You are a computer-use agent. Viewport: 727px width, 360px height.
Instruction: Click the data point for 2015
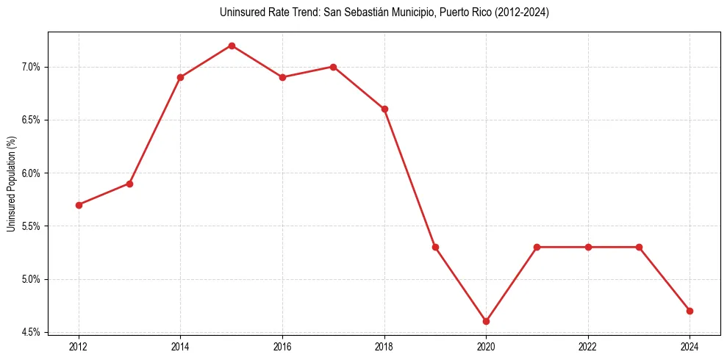[x=232, y=46]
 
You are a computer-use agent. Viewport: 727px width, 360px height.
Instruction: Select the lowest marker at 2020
[x=486, y=321]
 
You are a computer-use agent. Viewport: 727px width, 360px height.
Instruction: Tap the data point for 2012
[x=79, y=205]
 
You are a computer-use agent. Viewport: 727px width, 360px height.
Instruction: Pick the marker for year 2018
[x=384, y=109]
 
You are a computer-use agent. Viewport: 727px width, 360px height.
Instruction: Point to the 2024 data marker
[x=690, y=311]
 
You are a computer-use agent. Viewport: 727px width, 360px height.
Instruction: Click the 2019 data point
[x=435, y=247]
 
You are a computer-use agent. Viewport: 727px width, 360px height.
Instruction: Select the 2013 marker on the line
[x=129, y=184]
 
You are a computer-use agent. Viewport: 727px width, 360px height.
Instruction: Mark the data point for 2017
[x=333, y=67]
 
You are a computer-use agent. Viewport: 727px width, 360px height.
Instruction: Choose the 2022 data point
[x=588, y=247]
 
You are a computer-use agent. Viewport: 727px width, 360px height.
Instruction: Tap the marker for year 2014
[x=180, y=77]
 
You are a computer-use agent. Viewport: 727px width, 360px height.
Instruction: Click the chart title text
[x=384, y=12]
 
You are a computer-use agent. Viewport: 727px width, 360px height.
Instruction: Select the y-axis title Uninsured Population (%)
[x=11, y=184]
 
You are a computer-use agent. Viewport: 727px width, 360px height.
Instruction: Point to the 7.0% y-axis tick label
[x=32, y=67]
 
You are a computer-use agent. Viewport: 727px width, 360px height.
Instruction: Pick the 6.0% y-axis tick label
[x=32, y=173]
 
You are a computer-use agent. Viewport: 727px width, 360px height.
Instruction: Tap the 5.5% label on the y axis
[x=32, y=226]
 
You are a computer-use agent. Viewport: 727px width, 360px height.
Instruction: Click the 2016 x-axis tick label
[x=282, y=345]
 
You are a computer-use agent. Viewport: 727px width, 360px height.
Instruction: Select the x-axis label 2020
[x=486, y=345]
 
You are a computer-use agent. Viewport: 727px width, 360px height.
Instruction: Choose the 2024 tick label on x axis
[x=690, y=345]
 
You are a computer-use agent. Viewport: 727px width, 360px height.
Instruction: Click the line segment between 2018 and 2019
[x=409, y=178]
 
